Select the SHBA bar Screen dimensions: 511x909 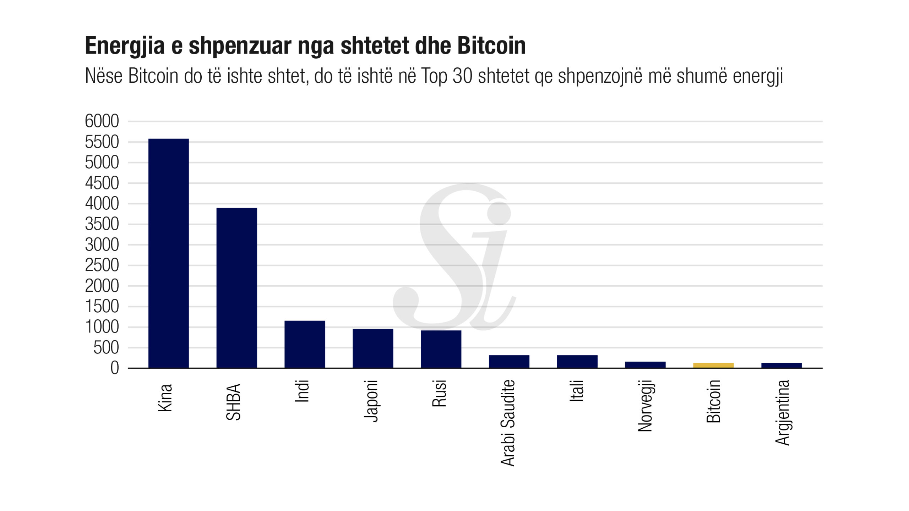[236, 288]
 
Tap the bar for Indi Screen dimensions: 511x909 [305, 344]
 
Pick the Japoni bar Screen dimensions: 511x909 [373, 348]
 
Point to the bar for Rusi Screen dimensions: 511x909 [441, 349]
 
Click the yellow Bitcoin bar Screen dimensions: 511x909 [713, 365]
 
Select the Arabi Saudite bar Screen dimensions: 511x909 [509, 361]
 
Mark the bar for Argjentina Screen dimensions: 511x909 [782, 365]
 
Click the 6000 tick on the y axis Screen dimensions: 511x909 [102, 121]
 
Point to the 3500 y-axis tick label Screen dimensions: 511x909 [102, 224]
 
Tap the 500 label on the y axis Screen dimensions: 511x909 [106, 348]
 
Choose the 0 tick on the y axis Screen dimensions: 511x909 [114, 368]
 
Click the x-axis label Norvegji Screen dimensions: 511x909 [645, 406]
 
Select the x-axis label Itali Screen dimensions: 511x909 [577, 391]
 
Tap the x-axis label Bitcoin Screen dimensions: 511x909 [713, 401]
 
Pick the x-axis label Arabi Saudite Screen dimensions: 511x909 [508, 423]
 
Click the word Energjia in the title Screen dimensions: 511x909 [125, 46]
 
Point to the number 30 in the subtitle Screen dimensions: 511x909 [462, 76]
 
